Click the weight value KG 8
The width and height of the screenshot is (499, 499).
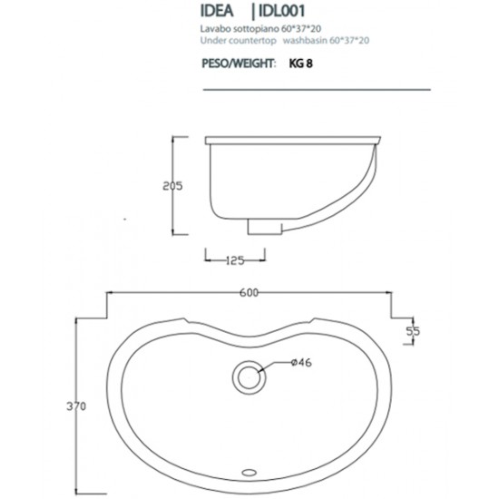tap(303, 64)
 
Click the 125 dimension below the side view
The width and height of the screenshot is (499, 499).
tap(235, 261)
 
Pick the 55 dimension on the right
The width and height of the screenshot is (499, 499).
tap(413, 332)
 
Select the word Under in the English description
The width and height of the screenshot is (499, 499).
tap(211, 41)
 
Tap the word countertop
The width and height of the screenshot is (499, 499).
tap(255, 41)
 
